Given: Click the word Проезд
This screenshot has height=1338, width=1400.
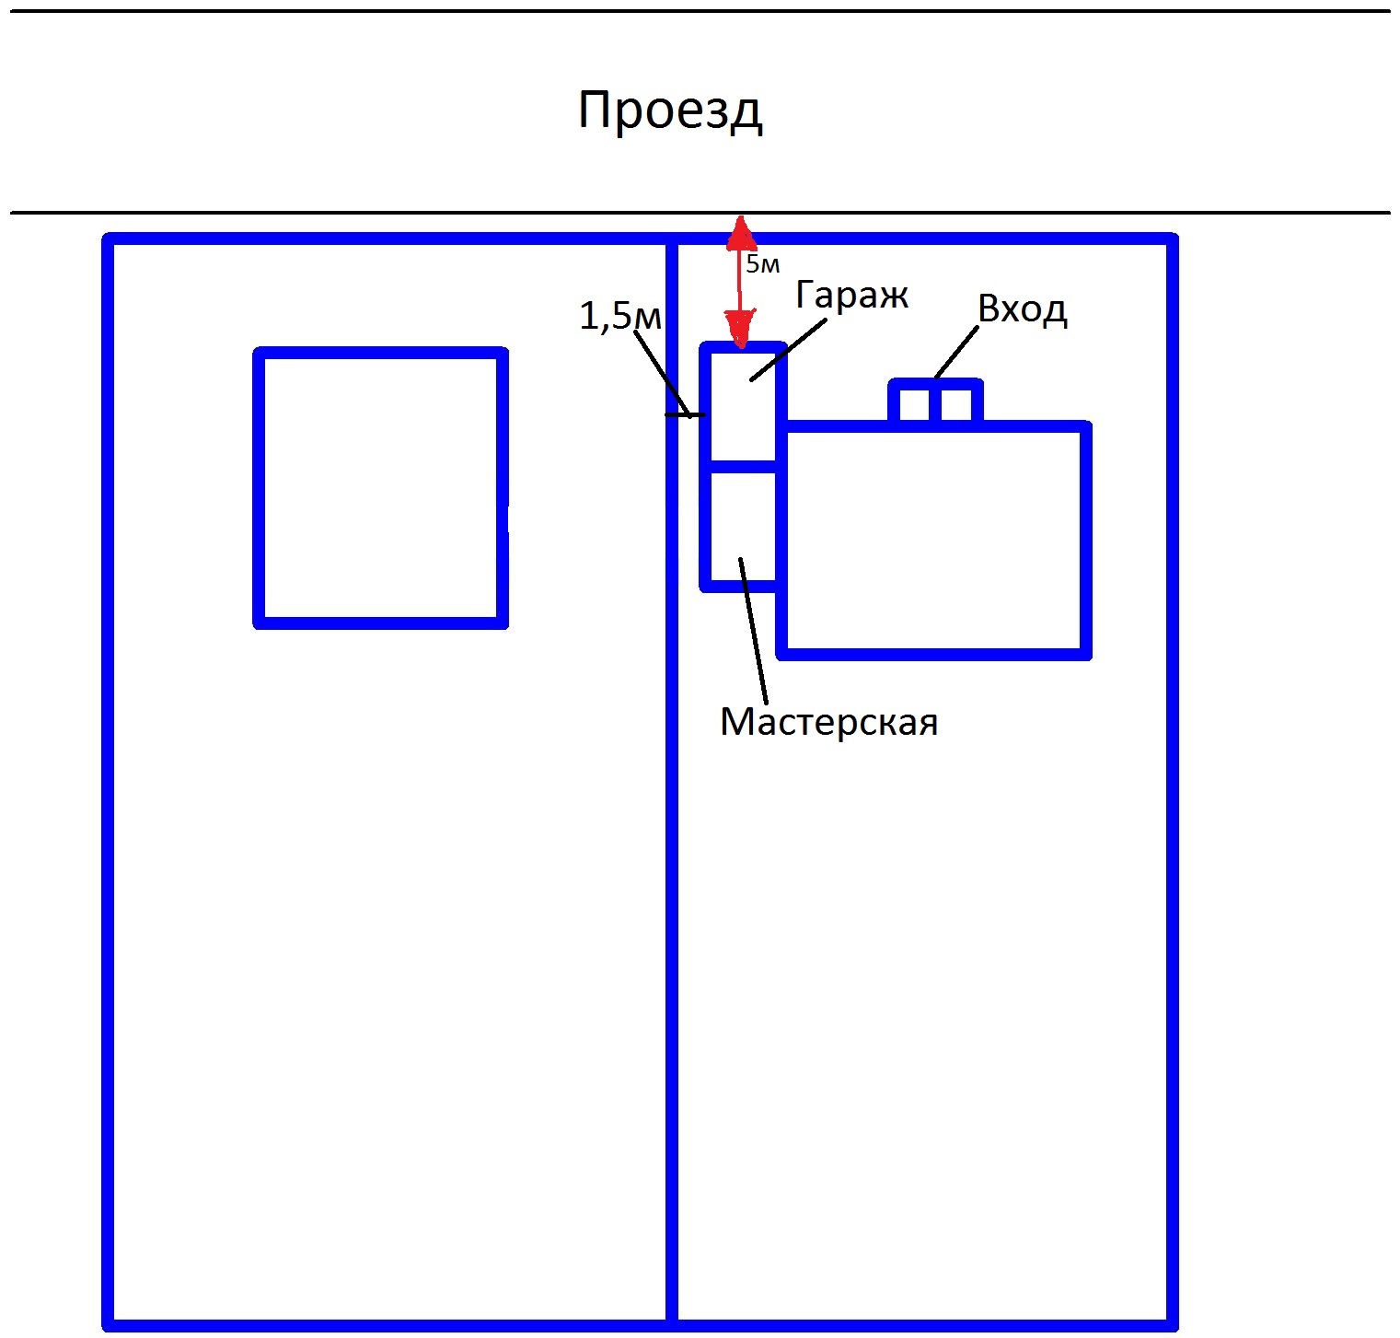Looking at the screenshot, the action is pyautogui.click(x=670, y=111).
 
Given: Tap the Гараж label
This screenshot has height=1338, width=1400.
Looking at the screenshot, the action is pyautogui.click(x=851, y=296).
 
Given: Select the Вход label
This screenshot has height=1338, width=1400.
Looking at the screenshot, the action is pyautogui.click(x=1022, y=308).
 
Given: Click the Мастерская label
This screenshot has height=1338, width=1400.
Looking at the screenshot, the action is pyautogui.click(x=828, y=722).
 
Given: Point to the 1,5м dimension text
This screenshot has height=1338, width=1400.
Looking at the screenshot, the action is pyautogui.click(x=620, y=316).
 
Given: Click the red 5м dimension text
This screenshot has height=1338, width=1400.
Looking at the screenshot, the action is pyautogui.click(x=763, y=264).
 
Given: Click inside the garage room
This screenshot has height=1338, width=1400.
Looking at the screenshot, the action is pyautogui.click(x=742, y=406).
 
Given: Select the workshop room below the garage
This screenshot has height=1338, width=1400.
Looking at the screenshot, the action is pyautogui.click(x=742, y=527).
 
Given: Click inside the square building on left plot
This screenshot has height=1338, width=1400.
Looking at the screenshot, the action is pyautogui.click(x=380, y=488).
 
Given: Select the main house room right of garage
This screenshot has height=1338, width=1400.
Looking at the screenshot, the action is pyautogui.click(x=933, y=541).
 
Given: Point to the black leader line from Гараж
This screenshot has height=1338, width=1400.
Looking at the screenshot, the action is pyautogui.click(x=789, y=347).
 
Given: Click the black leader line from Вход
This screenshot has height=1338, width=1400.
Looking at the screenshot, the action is pyautogui.click(x=956, y=353).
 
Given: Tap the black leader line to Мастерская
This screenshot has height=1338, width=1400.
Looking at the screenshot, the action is pyautogui.click(x=754, y=631).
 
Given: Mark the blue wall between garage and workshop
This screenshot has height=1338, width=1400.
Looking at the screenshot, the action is pyautogui.click(x=743, y=467).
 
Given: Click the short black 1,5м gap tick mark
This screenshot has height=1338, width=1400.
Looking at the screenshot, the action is pyautogui.click(x=686, y=416).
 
